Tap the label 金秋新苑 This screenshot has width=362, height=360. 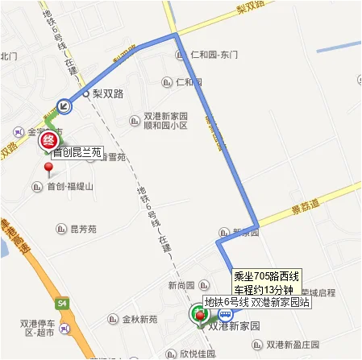pos(139,319)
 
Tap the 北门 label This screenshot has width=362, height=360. pos(9,56)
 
